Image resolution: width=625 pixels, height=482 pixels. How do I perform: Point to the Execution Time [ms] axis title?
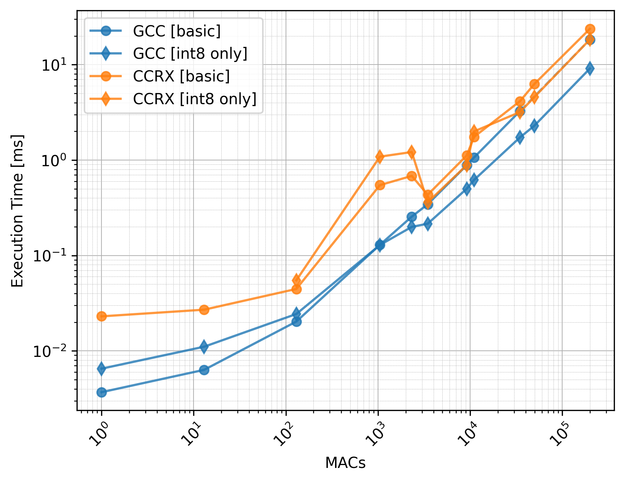pos(17,211)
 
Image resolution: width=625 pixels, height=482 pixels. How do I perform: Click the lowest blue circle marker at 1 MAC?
pos(101,392)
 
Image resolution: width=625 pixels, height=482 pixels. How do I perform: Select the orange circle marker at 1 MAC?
pos(101,316)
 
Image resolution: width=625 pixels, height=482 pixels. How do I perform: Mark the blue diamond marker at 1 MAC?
pos(101,369)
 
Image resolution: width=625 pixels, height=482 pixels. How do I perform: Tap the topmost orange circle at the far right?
pos(590,29)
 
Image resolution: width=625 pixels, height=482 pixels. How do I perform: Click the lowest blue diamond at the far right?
pos(590,68)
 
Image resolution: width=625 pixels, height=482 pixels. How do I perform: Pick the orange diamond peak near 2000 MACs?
pos(411,152)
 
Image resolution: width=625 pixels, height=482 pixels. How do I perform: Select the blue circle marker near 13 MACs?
pos(204,370)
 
